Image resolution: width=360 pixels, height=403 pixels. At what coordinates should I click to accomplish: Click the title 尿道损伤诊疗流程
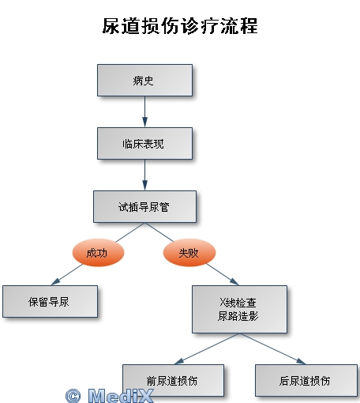click(180, 26)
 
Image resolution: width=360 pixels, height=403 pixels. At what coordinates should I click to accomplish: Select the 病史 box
click(144, 80)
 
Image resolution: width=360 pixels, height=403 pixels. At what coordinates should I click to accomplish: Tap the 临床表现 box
click(144, 143)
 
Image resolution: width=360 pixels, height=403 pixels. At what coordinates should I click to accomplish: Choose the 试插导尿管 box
click(144, 206)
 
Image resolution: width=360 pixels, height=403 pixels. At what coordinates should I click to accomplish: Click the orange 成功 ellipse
click(98, 253)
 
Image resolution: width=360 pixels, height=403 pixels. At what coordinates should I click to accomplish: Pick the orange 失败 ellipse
click(189, 253)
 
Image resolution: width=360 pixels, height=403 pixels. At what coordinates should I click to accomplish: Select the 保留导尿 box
click(50, 301)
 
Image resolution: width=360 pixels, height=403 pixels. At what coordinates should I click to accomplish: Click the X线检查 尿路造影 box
click(239, 309)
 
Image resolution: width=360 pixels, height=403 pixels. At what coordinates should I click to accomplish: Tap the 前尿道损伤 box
click(173, 380)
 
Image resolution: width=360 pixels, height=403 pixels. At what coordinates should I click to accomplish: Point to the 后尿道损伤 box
click(306, 380)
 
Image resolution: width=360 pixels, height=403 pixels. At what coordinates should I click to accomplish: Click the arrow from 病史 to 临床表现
click(144, 111)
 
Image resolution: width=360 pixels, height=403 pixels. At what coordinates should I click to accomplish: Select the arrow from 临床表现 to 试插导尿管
click(144, 175)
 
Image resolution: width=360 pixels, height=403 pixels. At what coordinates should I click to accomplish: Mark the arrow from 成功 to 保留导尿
click(67, 274)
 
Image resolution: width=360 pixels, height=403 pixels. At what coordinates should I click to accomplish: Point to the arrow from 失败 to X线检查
click(223, 274)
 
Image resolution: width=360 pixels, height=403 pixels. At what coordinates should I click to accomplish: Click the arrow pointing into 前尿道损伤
click(207, 348)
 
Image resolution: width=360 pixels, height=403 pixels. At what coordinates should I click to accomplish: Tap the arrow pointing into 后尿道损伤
click(272, 348)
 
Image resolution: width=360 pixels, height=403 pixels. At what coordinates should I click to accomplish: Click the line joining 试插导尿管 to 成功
click(130, 232)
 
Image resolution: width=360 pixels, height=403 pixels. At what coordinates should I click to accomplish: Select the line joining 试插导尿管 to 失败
click(159, 232)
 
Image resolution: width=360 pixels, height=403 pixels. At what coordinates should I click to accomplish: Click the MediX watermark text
click(121, 395)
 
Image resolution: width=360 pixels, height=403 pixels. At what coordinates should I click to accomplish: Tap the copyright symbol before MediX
click(73, 396)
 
